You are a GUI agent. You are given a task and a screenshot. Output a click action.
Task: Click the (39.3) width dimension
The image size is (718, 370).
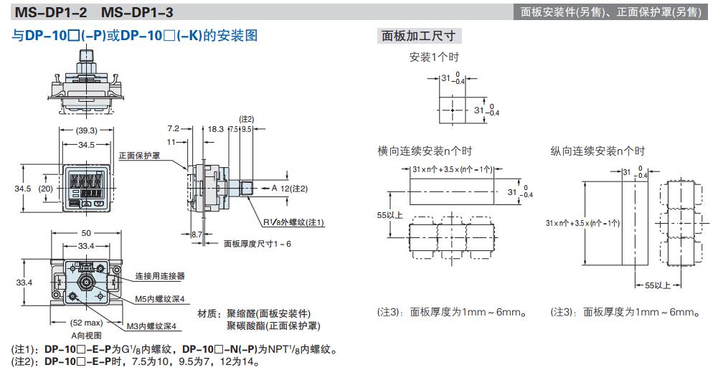87,131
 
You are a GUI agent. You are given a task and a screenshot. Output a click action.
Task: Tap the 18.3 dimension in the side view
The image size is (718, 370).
216,128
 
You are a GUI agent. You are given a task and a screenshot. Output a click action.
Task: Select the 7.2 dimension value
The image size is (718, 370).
174,128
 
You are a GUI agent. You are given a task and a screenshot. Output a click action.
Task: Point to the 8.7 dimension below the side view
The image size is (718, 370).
197,234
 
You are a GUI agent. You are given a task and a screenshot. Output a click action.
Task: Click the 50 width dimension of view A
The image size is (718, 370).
86,233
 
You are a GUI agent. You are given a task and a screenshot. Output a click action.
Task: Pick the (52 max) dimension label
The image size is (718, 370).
86,323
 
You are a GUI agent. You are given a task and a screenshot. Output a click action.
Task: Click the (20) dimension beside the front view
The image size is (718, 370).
46,188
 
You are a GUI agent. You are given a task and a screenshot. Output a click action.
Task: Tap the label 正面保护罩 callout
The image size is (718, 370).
139,156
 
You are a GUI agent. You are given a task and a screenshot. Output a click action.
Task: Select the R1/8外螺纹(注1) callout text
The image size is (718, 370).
293,222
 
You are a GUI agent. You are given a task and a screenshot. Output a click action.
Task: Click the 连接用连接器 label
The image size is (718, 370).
160,275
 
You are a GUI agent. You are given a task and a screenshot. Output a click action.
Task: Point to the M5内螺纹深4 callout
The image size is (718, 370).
159,299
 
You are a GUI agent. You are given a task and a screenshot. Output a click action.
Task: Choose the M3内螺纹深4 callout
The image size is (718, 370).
151,326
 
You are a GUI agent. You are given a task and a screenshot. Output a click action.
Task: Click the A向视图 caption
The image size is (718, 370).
86,336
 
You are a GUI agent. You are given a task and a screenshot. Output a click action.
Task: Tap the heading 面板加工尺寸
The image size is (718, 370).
418,36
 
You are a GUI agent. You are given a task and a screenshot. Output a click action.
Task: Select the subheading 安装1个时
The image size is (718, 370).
434,57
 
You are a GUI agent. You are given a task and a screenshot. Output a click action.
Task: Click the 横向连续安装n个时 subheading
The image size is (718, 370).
425,151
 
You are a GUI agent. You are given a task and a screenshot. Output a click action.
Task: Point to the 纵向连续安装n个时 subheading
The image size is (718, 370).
597,151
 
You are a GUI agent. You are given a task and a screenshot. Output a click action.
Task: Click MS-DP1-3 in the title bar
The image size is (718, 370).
137,12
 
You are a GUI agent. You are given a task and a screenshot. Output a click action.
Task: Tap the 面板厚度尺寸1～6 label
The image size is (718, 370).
258,244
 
